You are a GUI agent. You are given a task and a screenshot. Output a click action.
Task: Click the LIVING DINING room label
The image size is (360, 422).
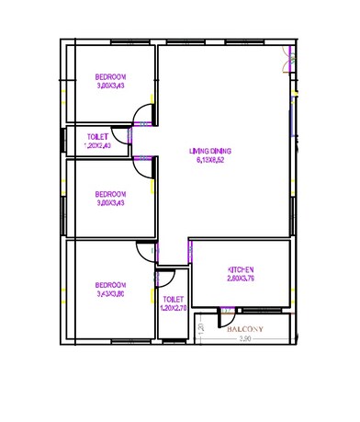[x=210, y=151]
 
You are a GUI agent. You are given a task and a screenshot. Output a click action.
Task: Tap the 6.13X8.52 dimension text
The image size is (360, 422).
[x=210, y=160]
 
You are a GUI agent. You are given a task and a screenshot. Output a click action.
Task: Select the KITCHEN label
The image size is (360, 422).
[x=241, y=269]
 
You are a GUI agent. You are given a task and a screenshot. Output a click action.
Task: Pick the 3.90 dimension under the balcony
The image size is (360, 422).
[x=244, y=339]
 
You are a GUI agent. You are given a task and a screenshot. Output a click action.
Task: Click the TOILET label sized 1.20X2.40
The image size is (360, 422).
[x=96, y=136]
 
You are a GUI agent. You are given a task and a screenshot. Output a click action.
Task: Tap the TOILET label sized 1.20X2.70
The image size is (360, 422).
[x=172, y=299]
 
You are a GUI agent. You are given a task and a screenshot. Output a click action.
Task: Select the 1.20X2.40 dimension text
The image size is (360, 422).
[x=96, y=145]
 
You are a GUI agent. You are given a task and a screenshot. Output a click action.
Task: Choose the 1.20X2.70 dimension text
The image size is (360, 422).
[x=172, y=308]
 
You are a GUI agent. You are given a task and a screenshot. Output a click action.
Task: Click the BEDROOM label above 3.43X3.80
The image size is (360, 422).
[x=111, y=285]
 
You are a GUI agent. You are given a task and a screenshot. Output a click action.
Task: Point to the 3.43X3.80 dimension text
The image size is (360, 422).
[x=111, y=295]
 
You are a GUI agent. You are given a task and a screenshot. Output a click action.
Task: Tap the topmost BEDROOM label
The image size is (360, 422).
[x=111, y=76]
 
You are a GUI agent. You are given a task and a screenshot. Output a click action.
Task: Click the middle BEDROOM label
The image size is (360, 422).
[x=111, y=193]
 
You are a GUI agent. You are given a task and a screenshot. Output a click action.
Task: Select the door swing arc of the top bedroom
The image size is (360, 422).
[x=144, y=114]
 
